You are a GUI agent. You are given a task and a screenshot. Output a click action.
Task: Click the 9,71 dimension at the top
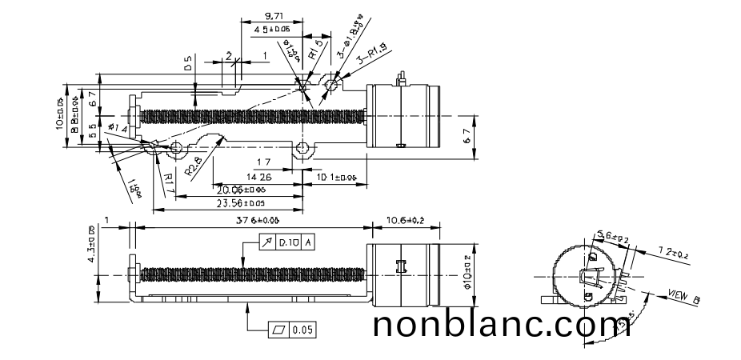[273, 16]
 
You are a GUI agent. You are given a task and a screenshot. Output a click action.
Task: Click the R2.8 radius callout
[194, 166]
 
